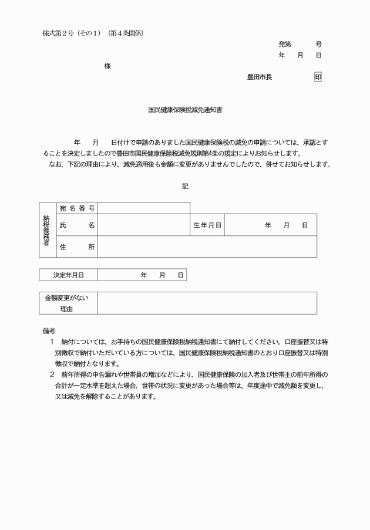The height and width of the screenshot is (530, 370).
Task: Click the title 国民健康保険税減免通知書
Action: coord(185,109)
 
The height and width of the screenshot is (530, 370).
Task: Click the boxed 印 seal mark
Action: coord(318,77)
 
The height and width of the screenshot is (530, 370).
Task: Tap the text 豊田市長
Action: coord(260,77)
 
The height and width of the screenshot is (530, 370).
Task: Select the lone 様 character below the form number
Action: coord(107,66)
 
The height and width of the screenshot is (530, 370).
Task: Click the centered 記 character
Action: coord(185,185)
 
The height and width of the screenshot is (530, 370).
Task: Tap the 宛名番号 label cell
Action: coord(77,208)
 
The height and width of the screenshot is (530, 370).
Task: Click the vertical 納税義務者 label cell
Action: coord(47,230)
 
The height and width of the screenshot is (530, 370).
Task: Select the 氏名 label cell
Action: coord(77,225)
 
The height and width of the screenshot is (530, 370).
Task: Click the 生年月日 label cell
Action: coord(207,225)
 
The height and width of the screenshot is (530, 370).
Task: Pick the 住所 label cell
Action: coord(77,247)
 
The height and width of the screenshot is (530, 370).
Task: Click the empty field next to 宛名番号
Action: coord(143,208)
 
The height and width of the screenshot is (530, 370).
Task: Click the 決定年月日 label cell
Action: coord(68,275)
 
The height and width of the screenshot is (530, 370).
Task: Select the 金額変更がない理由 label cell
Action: coord(68,303)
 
